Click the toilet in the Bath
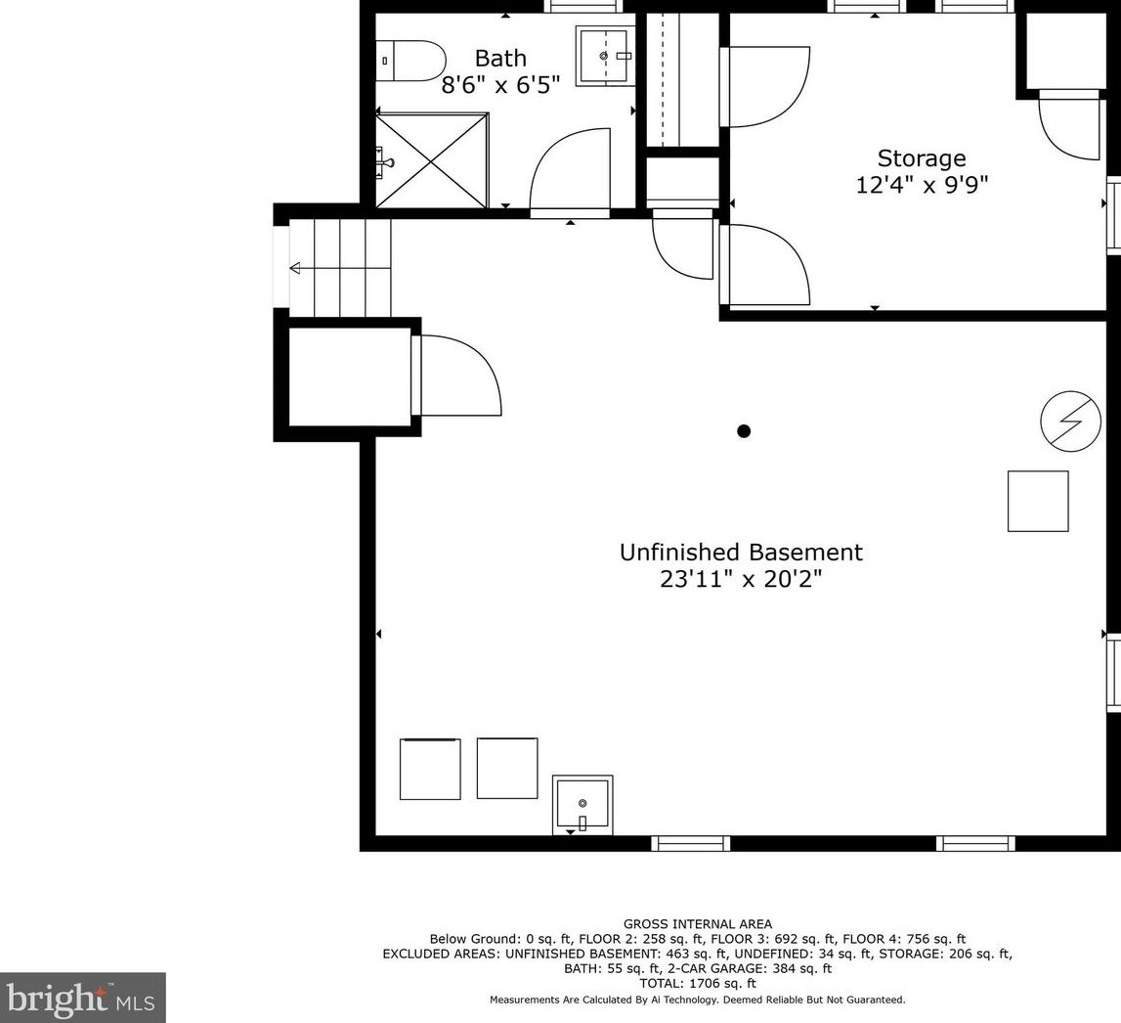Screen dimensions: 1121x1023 tap(411, 61)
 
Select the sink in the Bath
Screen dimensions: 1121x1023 tap(605, 56)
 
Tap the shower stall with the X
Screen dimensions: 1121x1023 tap(432, 160)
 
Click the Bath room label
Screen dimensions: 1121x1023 tap(500, 58)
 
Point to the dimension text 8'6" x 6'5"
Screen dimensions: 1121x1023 tap(500, 85)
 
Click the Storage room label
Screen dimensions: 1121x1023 tap(922, 158)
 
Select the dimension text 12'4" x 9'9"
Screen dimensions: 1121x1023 tap(922, 185)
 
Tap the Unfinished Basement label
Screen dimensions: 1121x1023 tap(741, 553)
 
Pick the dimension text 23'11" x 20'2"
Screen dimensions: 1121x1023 tap(741, 579)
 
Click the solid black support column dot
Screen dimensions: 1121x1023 tap(744, 430)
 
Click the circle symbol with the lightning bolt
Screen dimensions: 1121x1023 tap(1070, 421)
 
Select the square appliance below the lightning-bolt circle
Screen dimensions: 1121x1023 tap(1038, 501)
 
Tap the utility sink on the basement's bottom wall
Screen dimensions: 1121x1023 tap(582, 805)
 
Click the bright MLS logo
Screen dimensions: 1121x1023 tap(83, 998)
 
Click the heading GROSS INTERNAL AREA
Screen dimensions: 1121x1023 tap(698, 924)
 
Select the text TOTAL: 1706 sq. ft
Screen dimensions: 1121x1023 tap(698, 984)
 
